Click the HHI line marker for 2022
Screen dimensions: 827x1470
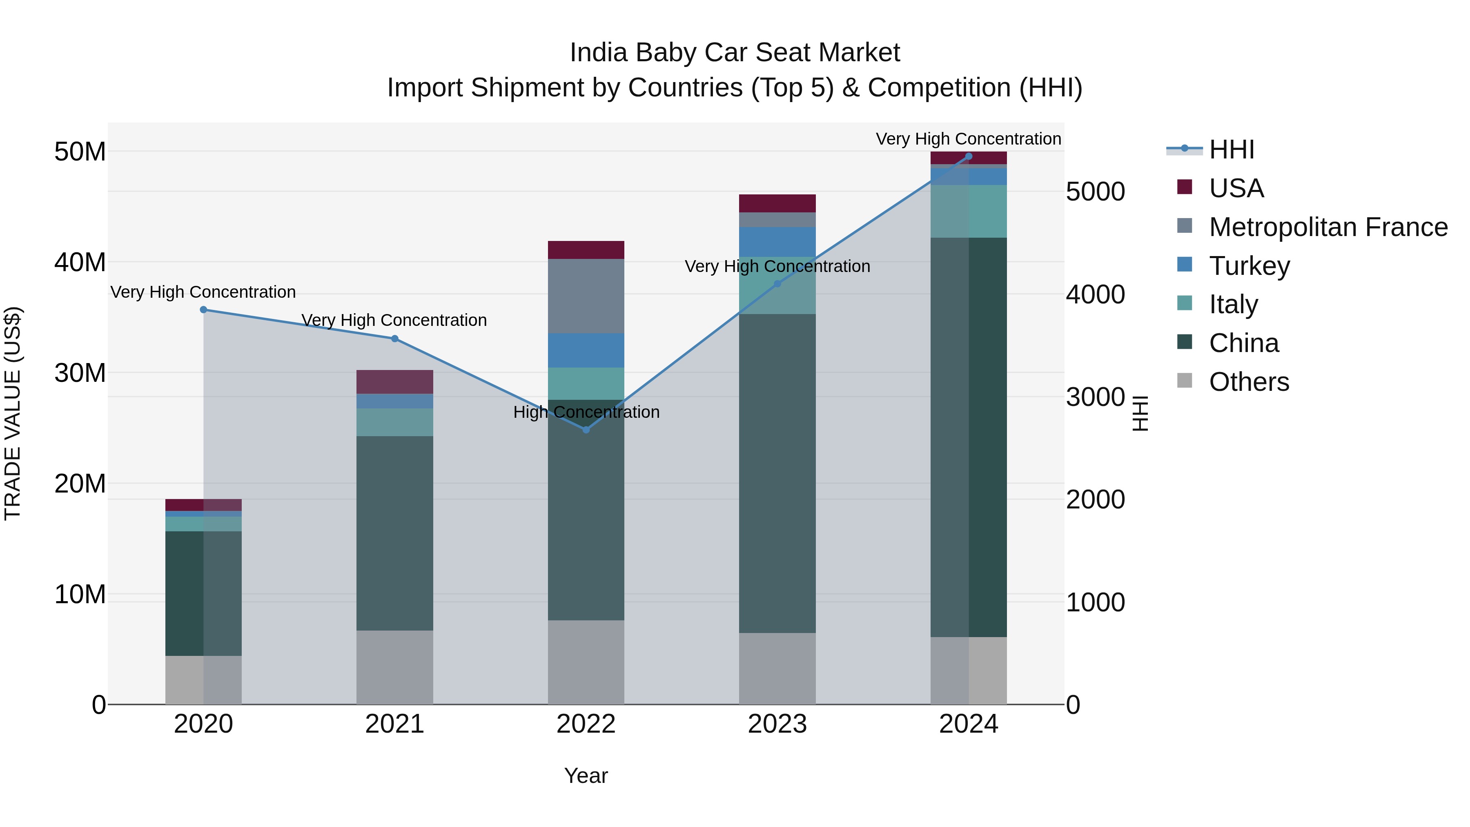click(586, 429)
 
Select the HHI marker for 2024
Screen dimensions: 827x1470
click(969, 156)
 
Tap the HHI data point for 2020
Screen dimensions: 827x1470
click(204, 310)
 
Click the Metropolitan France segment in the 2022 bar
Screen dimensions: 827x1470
click(586, 296)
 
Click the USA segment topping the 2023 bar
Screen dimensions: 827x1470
click(777, 203)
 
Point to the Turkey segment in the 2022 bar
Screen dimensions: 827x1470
click(586, 350)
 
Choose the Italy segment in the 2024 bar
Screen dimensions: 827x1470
click(969, 211)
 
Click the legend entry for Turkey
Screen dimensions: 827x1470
click(1249, 266)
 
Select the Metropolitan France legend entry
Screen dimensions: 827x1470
click(1328, 227)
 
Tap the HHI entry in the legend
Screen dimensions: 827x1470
click(1232, 149)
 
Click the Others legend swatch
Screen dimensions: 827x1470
click(1185, 381)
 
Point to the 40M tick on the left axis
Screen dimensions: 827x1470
click(80, 263)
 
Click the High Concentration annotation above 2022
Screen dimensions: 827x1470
click(586, 412)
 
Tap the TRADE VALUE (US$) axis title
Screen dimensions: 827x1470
click(13, 413)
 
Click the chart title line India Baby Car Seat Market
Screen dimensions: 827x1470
click(735, 53)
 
